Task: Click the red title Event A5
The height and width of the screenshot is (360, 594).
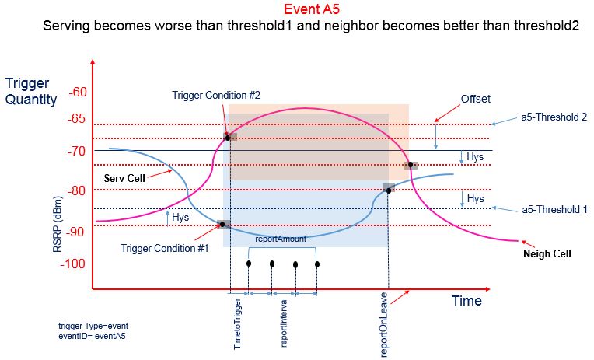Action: point(310,10)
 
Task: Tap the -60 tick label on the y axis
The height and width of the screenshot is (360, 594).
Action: point(79,93)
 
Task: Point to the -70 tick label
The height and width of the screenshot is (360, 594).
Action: point(79,152)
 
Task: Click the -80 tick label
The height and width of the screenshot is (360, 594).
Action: point(79,190)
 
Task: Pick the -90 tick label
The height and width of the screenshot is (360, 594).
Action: point(79,231)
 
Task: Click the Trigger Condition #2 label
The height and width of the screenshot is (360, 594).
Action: point(216,95)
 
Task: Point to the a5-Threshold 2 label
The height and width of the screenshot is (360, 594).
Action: point(554,117)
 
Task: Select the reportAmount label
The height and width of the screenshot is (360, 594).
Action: point(281,239)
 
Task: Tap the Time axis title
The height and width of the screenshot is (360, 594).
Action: point(466,301)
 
